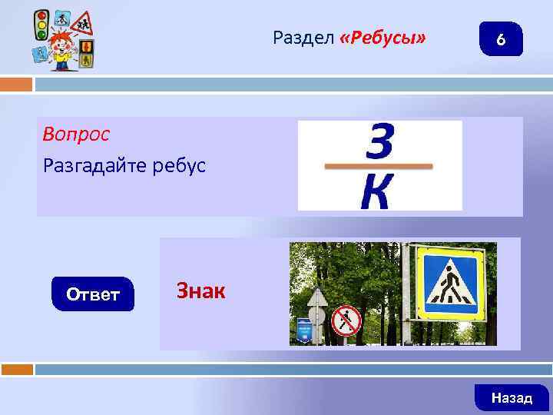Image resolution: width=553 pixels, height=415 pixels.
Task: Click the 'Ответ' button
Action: tap(92, 294)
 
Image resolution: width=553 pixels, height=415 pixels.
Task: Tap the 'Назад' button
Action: tap(512, 397)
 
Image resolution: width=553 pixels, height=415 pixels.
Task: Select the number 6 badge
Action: tap(500, 39)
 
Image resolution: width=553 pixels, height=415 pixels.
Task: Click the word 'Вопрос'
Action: tap(76, 134)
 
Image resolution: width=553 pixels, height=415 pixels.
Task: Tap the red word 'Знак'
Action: tap(201, 290)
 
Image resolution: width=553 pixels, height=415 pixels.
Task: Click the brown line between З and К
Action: tap(379, 166)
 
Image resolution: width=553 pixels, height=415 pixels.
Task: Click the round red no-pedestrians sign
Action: tap(346, 320)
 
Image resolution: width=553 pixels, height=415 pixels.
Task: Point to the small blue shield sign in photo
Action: tap(303, 329)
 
